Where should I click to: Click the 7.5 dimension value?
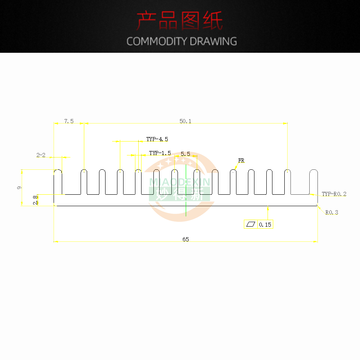coord(69,121)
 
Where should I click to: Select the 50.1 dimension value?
coord(185,121)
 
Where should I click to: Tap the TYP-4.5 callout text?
coord(157,139)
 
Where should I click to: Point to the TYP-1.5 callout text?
coord(160,153)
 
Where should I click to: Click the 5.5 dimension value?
coord(185,154)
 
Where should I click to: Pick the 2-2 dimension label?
coord(41,155)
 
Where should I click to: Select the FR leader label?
coord(241,161)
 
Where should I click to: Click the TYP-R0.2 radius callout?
coord(334,194)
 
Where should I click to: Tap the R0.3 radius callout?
coord(332,212)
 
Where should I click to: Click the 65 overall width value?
coord(186,239)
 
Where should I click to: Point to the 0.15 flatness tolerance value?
coord(265,225)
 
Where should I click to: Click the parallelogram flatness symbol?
coord(251,224)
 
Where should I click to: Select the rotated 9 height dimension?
coord(19,187)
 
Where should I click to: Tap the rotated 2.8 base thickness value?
coord(35,200)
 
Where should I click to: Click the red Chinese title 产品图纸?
coord(180,21)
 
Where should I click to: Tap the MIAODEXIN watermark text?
coord(180,182)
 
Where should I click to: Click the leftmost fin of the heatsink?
coord(58,182)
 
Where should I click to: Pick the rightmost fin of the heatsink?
coord(313,182)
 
